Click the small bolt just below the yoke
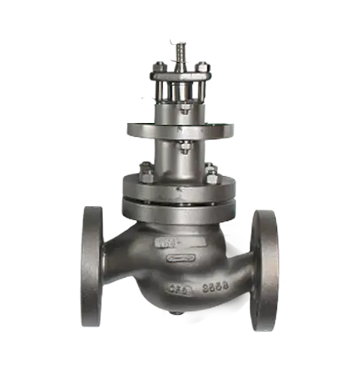pyautogui.click(x=180, y=116)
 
